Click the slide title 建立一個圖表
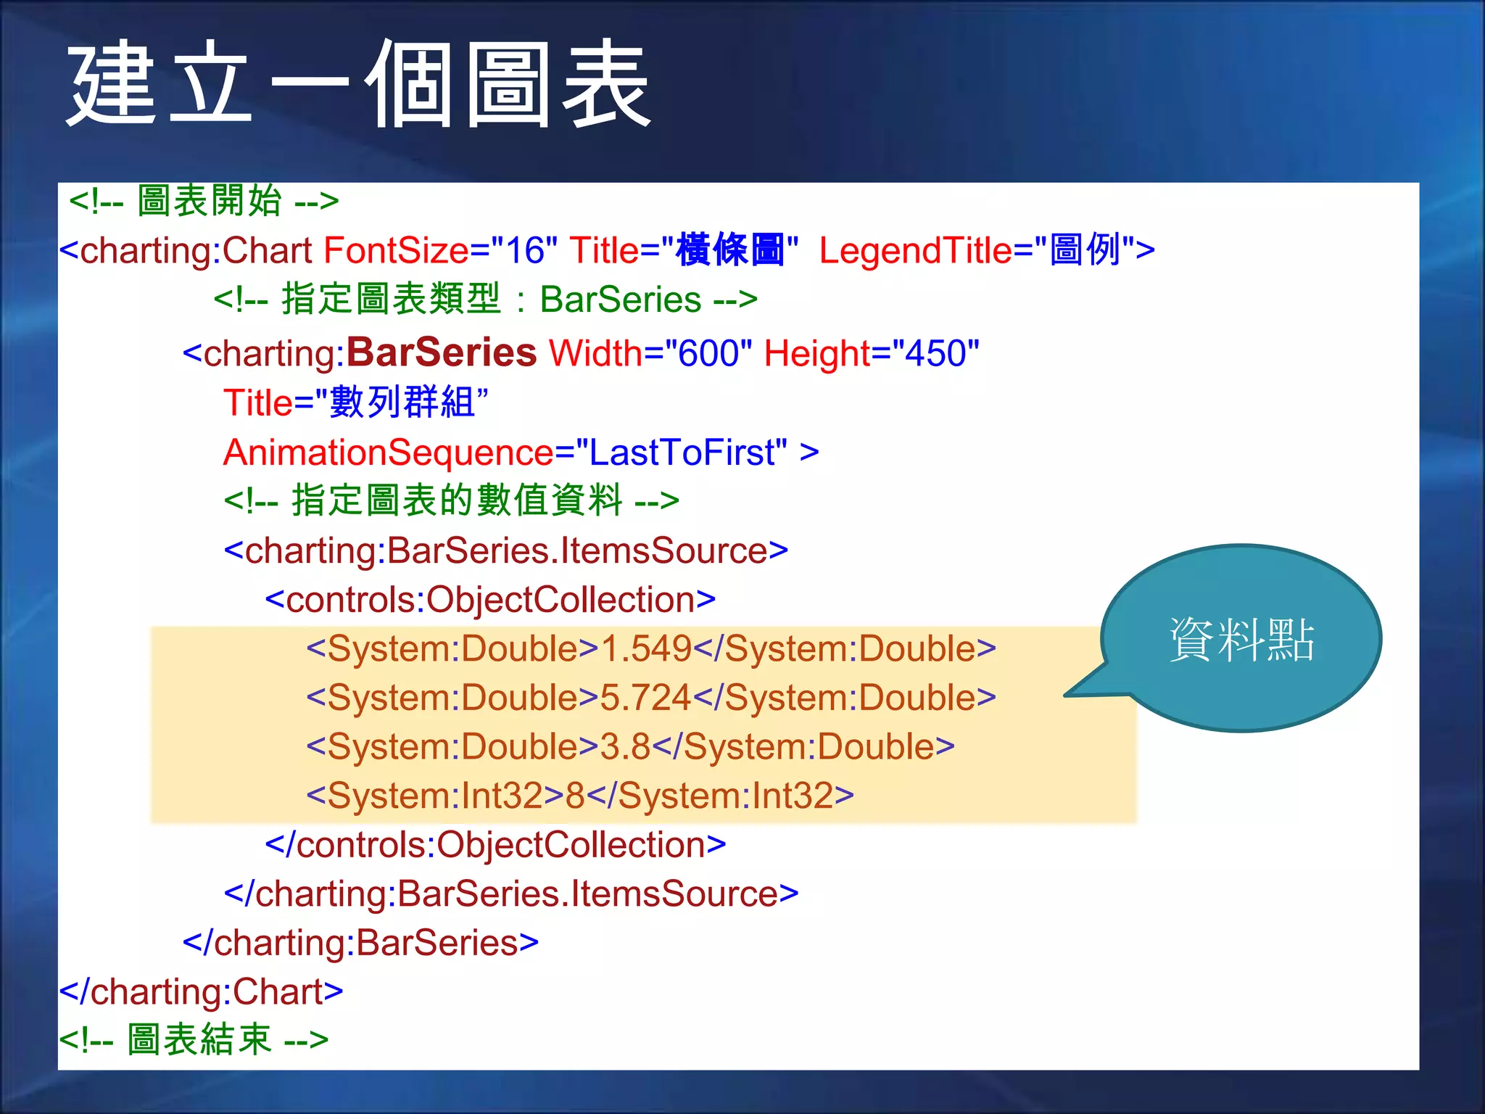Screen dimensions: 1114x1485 click(x=359, y=83)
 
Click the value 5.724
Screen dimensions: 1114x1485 click(x=645, y=698)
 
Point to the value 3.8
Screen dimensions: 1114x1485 click(x=625, y=747)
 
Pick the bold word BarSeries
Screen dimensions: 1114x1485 click(x=441, y=353)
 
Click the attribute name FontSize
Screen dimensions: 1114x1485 click(x=396, y=250)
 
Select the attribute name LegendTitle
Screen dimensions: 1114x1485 click(x=915, y=250)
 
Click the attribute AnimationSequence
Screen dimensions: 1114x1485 click(x=388, y=453)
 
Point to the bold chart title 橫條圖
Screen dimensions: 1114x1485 click(x=729, y=250)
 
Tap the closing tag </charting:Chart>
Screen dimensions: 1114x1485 click(x=201, y=991)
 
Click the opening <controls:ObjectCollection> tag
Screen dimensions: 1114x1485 click(x=490, y=600)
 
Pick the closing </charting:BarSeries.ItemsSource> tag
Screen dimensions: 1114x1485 click(x=511, y=894)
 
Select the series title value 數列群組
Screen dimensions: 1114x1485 click(x=402, y=403)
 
